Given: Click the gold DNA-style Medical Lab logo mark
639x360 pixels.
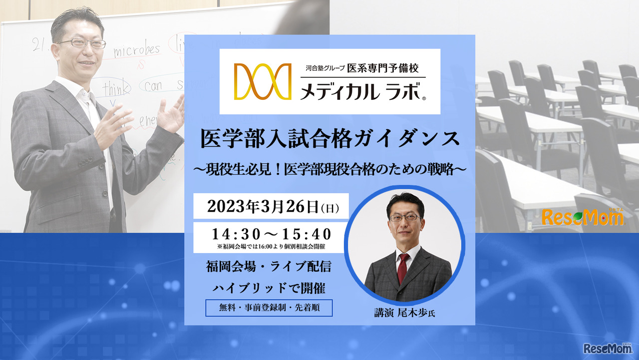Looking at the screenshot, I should click(x=263, y=81).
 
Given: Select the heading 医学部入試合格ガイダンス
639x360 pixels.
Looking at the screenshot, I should click(x=329, y=139).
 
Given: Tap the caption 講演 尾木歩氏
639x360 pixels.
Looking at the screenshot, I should click(x=405, y=313).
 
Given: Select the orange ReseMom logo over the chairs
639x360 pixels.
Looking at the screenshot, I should click(x=582, y=217).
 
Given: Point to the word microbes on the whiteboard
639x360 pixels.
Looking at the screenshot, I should click(x=136, y=50).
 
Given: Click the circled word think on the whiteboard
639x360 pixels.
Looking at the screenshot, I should click(x=116, y=89).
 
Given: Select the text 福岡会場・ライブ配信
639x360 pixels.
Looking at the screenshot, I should click(x=269, y=267).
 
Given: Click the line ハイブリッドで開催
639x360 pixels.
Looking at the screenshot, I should click(x=269, y=287).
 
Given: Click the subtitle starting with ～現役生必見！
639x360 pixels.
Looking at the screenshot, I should click(x=329, y=170).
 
